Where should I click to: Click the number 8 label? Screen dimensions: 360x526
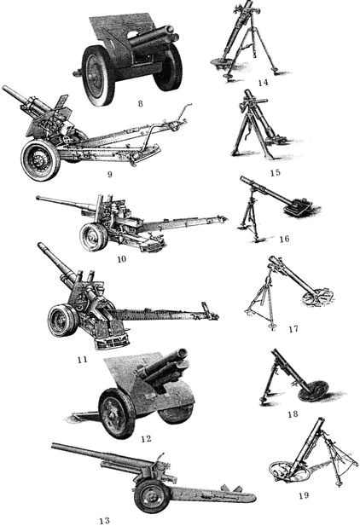click(x=141, y=103)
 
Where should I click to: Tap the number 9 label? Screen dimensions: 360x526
click(x=109, y=175)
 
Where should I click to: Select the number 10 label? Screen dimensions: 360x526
click(x=122, y=258)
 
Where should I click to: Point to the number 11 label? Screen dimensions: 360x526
click(x=82, y=360)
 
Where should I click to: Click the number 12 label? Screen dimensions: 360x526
click(x=146, y=438)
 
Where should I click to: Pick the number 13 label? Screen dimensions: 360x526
click(x=104, y=520)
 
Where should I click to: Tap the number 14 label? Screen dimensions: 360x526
click(x=263, y=82)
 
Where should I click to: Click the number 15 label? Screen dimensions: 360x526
click(x=275, y=172)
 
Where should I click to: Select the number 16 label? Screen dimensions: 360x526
click(x=284, y=239)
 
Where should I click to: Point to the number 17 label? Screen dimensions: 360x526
click(x=293, y=329)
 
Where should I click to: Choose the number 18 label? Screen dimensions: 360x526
click(x=293, y=414)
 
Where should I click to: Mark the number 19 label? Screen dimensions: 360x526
click(x=304, y=495)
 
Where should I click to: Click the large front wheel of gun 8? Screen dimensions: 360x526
click(x=98, y=75)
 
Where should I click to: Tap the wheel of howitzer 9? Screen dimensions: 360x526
click(x=40, y=160)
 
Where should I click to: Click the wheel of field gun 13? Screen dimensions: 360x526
click(x=152, y=496)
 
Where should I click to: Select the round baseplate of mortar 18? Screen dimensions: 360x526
click(x=312, y=390)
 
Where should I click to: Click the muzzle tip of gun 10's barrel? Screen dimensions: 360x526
click(x=38, y=198)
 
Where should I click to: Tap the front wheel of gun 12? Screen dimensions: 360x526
click(x=117, y=413)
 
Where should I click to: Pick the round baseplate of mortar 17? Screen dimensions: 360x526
click(x=317, y=297)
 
